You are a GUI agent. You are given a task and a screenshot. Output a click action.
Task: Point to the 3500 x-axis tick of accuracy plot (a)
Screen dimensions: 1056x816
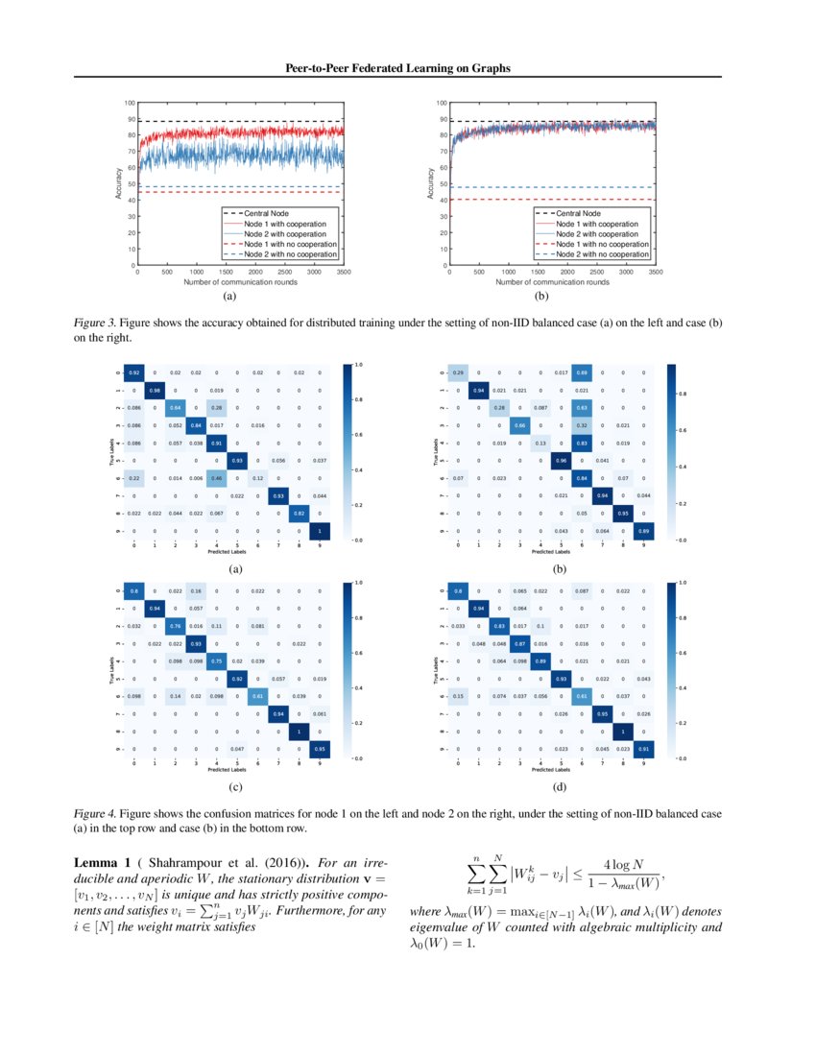tap(343, 273)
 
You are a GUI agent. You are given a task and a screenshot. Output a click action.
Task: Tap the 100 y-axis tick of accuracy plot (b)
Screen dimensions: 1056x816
tap(443, 103)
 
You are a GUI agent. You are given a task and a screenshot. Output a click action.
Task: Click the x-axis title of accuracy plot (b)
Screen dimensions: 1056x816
tap(552, 282)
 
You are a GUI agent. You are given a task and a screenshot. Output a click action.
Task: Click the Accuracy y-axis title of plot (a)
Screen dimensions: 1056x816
tap(119, 183)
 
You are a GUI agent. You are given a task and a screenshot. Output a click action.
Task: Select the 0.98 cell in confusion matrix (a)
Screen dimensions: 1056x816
tap(156, 390)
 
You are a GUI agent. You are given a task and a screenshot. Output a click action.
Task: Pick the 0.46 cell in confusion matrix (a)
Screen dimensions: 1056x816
tap(218, 477)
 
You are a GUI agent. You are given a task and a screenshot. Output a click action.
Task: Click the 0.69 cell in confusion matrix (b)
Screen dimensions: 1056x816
tap(582, 372)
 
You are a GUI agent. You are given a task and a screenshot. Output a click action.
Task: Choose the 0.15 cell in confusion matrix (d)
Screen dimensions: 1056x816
tap(458, 694)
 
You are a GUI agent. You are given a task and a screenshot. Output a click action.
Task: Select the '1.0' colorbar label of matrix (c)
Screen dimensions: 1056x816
tap(358, 583)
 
